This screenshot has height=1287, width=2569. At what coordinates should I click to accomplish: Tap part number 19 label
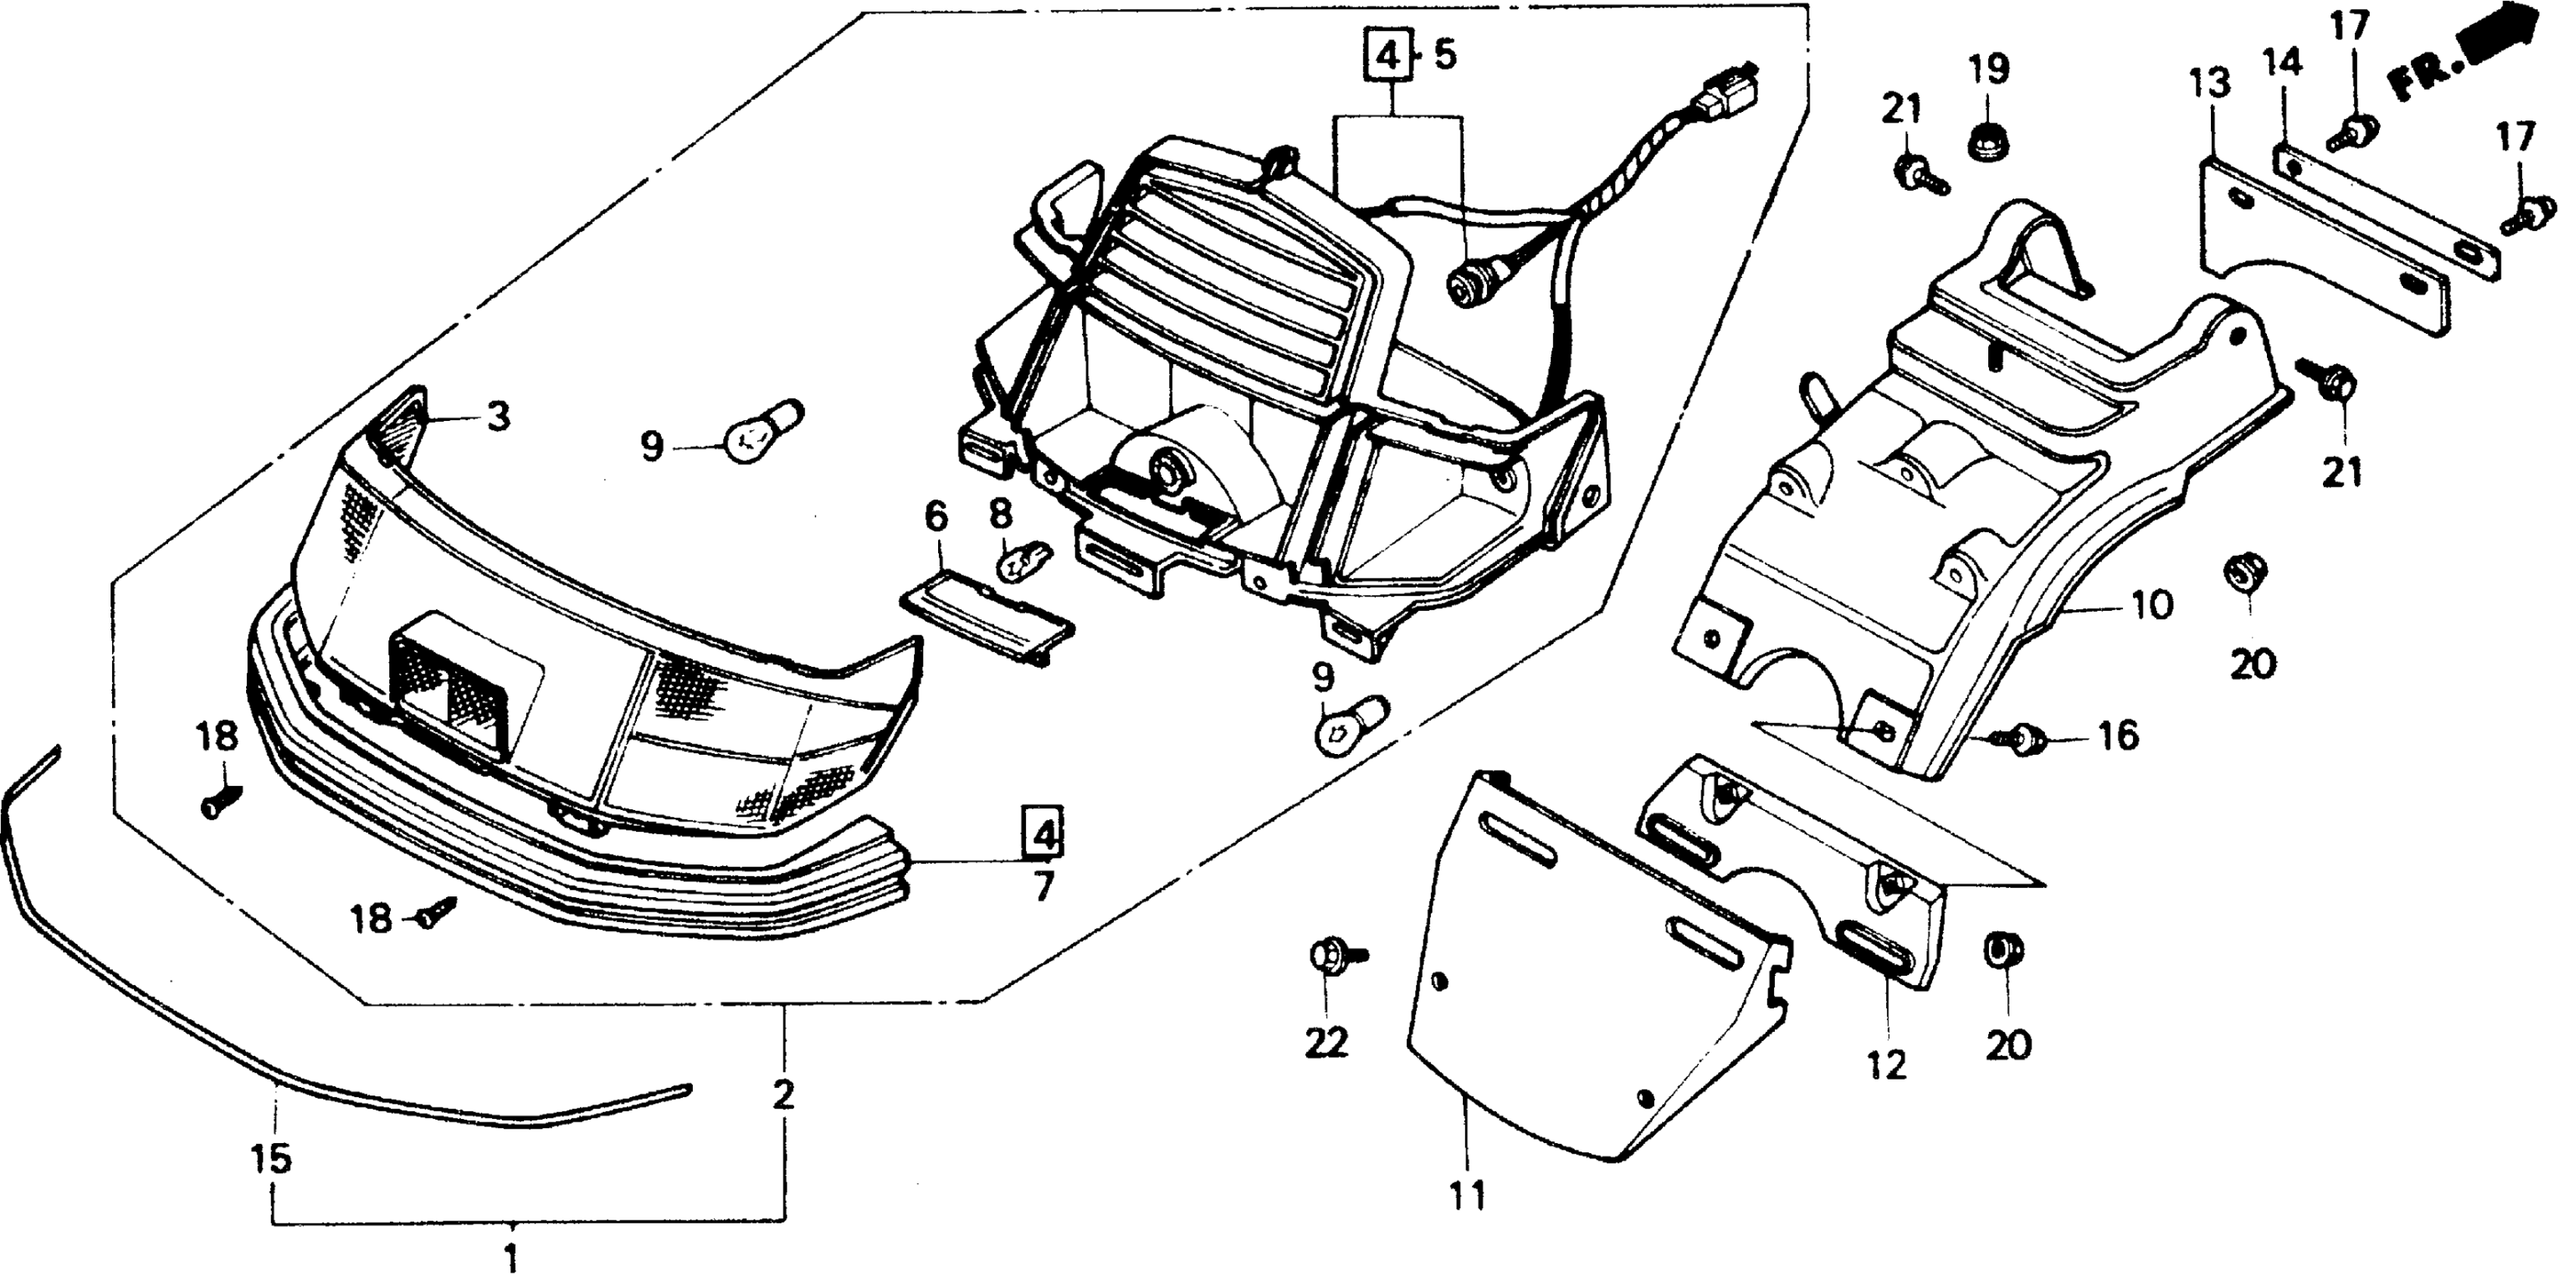click(1988, 70)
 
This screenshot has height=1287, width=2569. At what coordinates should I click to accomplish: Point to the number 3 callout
click(499, 416)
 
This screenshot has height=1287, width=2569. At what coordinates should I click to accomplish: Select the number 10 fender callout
click(2151, 605)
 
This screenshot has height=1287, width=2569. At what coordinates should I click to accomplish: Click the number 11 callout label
click(1467, 1195)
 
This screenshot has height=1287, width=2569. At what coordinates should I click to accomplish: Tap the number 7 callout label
click(1043, 885)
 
